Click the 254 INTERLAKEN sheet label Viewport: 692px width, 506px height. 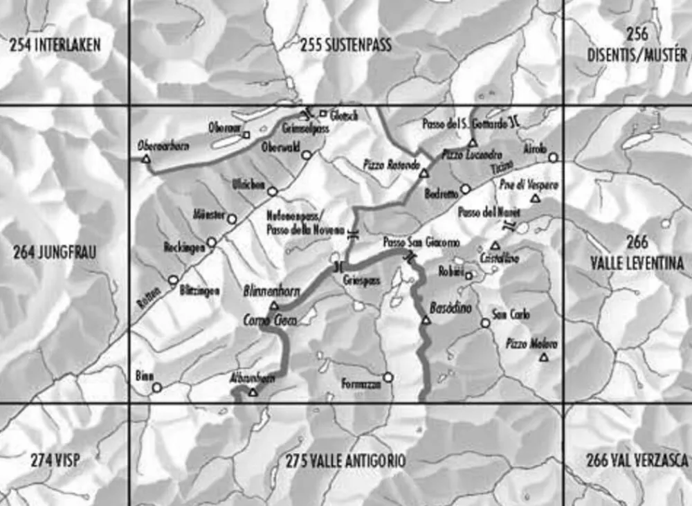[55, 46]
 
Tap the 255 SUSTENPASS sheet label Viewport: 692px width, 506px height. [346, 46]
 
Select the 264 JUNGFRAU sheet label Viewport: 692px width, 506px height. [55, 253]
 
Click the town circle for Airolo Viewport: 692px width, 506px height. [552, 158]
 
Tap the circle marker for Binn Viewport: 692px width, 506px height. [157, 388]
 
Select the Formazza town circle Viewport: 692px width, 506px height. [388, 377]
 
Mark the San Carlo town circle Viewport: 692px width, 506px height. [485, 323]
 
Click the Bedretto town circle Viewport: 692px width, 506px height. [465, 188]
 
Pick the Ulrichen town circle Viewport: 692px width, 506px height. [273, 191]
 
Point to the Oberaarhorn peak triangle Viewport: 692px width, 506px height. [146, 159]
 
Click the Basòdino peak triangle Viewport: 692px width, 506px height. [425, 320]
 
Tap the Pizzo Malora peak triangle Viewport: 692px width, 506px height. [543, 357]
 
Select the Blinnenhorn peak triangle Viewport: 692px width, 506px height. [273, 305]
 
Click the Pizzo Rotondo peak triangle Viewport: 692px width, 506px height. [424, 174]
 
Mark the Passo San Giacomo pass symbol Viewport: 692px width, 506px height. [410, 257]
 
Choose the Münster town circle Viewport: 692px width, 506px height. [232, 219]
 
